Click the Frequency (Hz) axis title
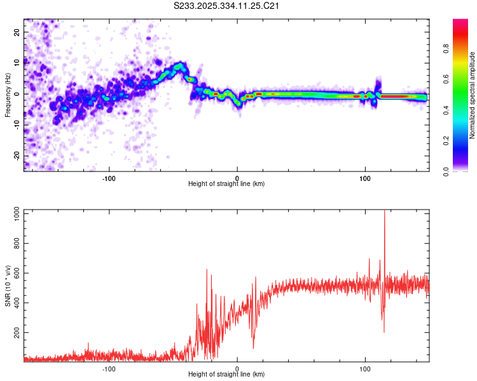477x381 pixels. [8, 95]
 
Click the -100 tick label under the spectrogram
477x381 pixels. [109, 177]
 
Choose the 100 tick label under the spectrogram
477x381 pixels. [365, 177]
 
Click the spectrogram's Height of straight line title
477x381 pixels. [226, 184]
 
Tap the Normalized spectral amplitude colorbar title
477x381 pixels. [473, 95]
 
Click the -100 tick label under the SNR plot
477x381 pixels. [109, 368]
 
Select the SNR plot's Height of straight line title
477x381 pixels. [226, 375]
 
